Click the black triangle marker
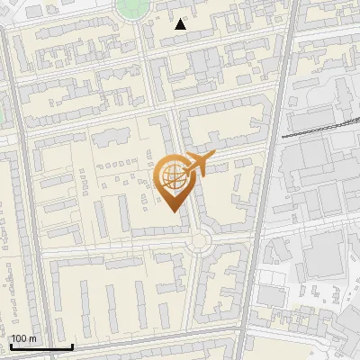coord(181,24)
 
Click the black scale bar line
coord(41,346)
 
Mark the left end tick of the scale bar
coord(11,345)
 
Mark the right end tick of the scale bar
coord(72,345)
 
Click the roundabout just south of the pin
coord(197,240)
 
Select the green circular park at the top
coord(132,8)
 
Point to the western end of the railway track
coord(283,136)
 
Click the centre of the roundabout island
coord(197,240)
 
